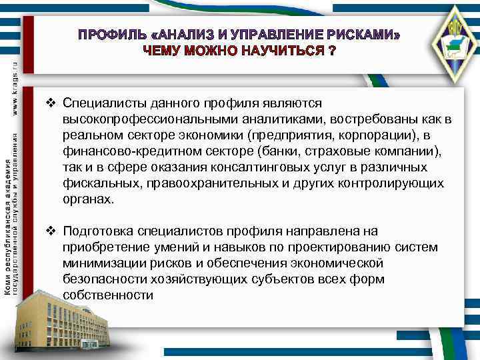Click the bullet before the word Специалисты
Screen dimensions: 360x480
pyautogui.click(x=51, y=103)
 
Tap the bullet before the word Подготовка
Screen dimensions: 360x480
pyautogui.click(x=51, y=231)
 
